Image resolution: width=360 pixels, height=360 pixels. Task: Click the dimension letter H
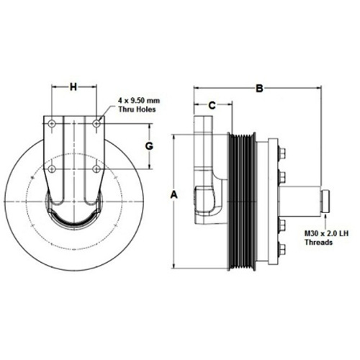click(73, 87)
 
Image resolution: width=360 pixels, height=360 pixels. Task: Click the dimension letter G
click(149, 146)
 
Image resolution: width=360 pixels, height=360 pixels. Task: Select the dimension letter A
click(174, 194)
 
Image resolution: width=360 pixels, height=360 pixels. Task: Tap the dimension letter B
click(259, 89)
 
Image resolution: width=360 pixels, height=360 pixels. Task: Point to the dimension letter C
click(212, 105)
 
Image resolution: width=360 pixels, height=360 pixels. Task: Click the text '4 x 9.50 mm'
click(139, 100)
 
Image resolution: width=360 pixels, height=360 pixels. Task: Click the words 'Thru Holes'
click(137, 109)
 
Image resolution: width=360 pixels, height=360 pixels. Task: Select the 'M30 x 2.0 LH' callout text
click(327, 233)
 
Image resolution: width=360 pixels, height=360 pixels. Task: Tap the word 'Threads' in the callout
click(318, 242)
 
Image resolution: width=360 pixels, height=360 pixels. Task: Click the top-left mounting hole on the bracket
click(52, 124)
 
